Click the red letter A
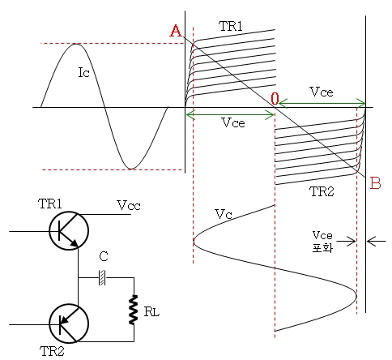[176, 30]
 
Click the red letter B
[375, 183]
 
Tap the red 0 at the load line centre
[275, 99]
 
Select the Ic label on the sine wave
[83, 73]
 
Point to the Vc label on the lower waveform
[224, 214]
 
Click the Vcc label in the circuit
[129, 205]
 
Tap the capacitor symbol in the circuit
[102, 277]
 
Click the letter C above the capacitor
[104, 256]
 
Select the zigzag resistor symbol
[134, 310]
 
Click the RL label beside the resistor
[151, 312]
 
